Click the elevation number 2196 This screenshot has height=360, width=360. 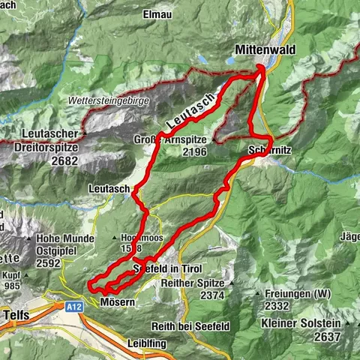tap(193, 151)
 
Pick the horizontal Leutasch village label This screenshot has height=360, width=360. tap(109, 189)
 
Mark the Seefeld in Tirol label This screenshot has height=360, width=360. tap(169, 268)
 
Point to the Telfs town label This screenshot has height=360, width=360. tap(16, 315)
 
